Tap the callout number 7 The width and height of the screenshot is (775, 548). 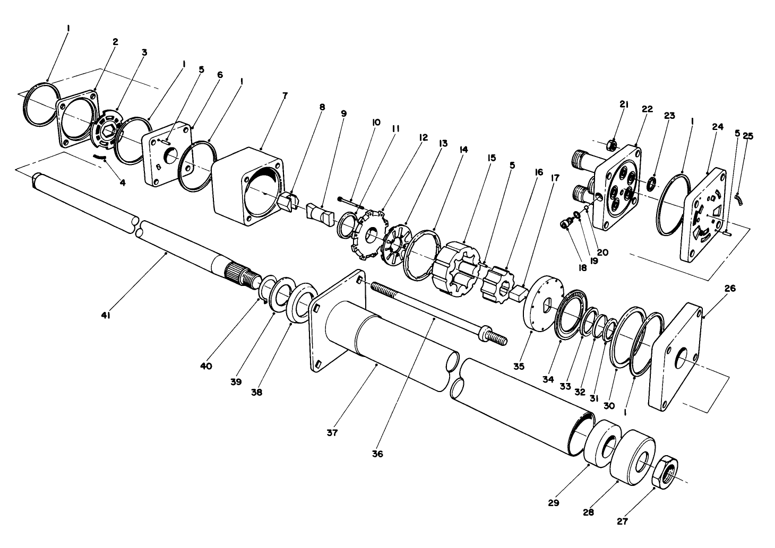tap(285, 95)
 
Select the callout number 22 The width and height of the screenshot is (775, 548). tap(647, 109)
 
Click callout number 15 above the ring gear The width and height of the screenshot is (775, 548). tap(492, 158)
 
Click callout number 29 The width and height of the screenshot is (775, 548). tap(554, 503)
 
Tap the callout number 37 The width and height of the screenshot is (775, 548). tap(332, 433)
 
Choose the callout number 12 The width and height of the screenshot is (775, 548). tap(423, 137)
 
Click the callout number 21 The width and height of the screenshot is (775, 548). tap(624, 105)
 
